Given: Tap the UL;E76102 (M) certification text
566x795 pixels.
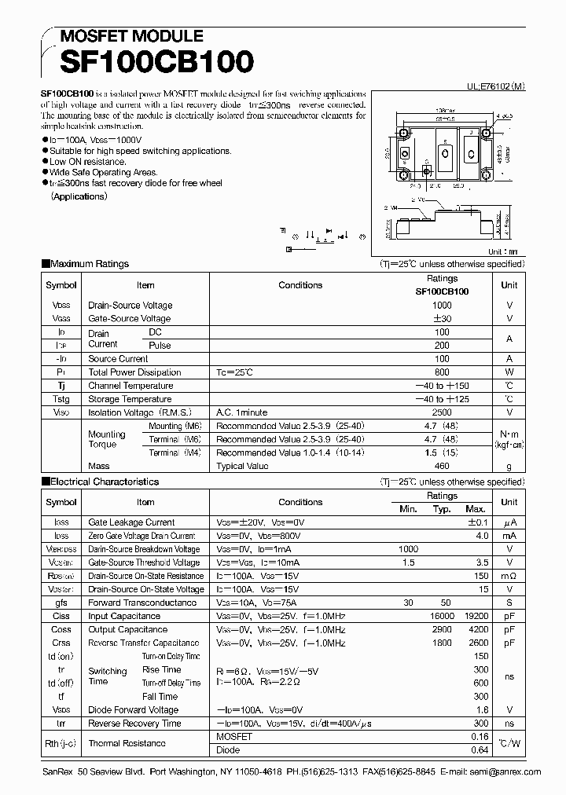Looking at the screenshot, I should point(490,90).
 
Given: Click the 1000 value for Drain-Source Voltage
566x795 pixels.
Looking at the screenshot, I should point(442,306).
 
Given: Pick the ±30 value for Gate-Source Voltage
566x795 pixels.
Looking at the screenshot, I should point(442,319).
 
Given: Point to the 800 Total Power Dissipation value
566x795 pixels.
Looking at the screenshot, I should point(442,372).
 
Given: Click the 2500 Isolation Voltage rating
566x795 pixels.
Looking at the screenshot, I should point(442,412).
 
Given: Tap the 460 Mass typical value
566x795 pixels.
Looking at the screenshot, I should point(442,466).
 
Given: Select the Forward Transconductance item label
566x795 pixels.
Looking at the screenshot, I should point(142,603).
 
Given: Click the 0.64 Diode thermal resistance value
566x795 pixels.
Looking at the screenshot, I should point(480,749).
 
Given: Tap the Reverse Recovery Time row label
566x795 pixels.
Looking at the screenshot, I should point(134,724).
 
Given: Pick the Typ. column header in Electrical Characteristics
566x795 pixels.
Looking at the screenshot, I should point(442,509).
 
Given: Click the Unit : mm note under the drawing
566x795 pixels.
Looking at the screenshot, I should point(503,252).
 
